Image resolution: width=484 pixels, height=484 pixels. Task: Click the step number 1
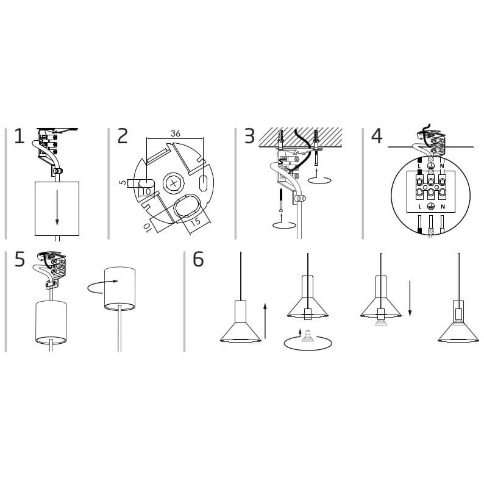pyautogui.click(x=19, y=136)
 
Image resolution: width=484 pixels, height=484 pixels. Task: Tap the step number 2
pyautogui.click(x=123, y=136)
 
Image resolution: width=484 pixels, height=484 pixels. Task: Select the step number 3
pyautogui.click(x=249, y=136)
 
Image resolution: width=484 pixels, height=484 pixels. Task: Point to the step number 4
pyautogui.click(x=377, y=136)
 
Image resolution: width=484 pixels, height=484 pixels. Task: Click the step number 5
pyautogui.click(x=20, y=259)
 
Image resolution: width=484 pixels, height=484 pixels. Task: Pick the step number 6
pyautogui.click(x=198, y=259)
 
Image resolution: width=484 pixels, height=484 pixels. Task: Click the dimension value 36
pyautogui.click(x=176, y=133)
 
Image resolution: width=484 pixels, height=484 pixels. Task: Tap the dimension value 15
pyautogui.click(x=196, y=221)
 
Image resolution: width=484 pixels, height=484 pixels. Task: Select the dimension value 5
pyautogui.click(x=123, y=182)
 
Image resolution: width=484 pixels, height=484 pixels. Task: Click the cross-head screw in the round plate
pyautogui.click(x=174, y=183)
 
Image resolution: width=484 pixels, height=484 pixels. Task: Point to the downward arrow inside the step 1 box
pyautogui.click(x=57, y=208)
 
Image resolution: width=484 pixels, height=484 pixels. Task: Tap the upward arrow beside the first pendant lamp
pyautogui.click(x=265, y=321)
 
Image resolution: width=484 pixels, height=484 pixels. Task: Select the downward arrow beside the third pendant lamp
pyautogui.click(x=410, y=299)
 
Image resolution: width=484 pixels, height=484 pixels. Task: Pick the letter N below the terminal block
pyautogui.click(x=443, y=207)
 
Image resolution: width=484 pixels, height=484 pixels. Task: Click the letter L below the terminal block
pyautogui.click(x=420, y=207)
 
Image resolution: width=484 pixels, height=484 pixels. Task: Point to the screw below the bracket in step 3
pyautogui.click(x=281, y=200)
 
